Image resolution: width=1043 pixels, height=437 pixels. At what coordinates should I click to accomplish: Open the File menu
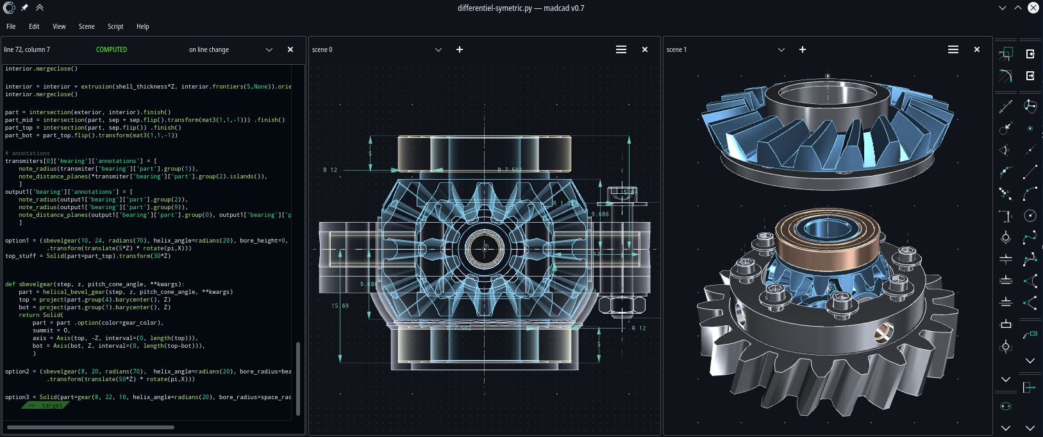tap(11, 26)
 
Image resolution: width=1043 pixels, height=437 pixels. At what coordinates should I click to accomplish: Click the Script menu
tap(115, 26)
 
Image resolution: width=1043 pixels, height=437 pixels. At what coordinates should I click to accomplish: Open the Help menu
tap(142, 26)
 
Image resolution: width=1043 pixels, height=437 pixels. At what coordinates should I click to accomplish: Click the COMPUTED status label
tap(112, 49)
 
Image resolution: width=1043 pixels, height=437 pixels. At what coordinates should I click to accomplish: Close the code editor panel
tap(290, 49)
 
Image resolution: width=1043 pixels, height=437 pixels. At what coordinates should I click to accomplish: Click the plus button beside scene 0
tap(460, 49)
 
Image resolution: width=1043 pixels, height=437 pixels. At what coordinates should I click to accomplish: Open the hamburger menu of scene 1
tap(953, 49)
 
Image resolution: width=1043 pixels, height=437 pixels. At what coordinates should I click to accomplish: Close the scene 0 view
tap(645, 49)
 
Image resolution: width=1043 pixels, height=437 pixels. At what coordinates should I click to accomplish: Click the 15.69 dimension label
tap(340, 306)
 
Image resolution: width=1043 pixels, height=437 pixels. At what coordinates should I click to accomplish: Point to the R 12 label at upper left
tap(330, 170)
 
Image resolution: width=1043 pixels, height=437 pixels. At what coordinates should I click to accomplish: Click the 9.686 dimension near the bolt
tap(600, 214)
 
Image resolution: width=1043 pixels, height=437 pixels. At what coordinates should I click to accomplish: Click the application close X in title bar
tap(1033, 8)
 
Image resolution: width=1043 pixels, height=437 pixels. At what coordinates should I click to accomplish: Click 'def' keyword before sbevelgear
tap(10, 284)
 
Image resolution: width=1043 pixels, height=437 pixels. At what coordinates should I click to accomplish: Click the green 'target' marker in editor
tap(46, 406)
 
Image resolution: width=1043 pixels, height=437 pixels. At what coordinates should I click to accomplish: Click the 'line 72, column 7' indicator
tap(27, 49)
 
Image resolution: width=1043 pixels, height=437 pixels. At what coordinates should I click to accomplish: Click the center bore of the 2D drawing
tap(485, 247)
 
